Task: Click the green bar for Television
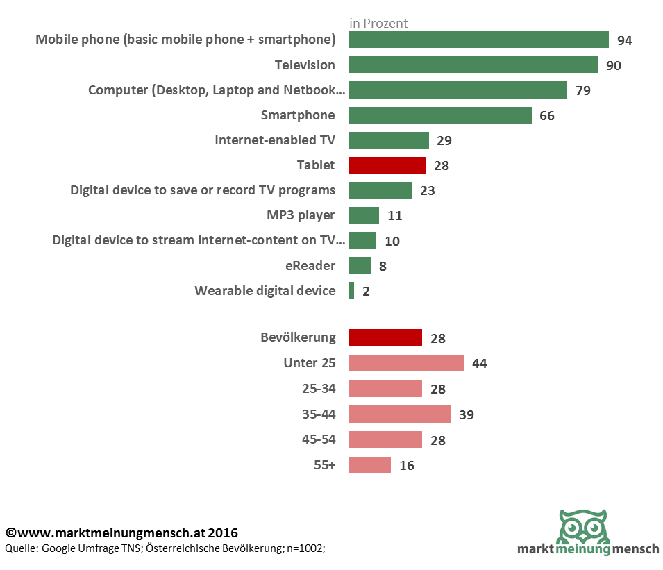(x=473, y=65)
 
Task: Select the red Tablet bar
(x=387, y=165)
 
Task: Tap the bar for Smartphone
(x=439, y=115)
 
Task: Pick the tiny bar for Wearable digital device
(x=351, y=291)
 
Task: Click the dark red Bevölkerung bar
(x=385, y=338)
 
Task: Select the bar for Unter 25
(x=406, y=363)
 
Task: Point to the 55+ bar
(x=370, y=465)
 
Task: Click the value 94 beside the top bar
(x=624, y=40)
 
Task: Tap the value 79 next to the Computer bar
(x=582, y=91)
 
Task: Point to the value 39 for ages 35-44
(x=466, y=415)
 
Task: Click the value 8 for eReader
(x=383, y=266)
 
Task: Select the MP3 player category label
(x=301, y=215)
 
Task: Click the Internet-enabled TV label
(x=275, y=140)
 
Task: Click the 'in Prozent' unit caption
(x=378, y=24)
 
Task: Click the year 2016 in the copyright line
(x=221, y=533)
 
